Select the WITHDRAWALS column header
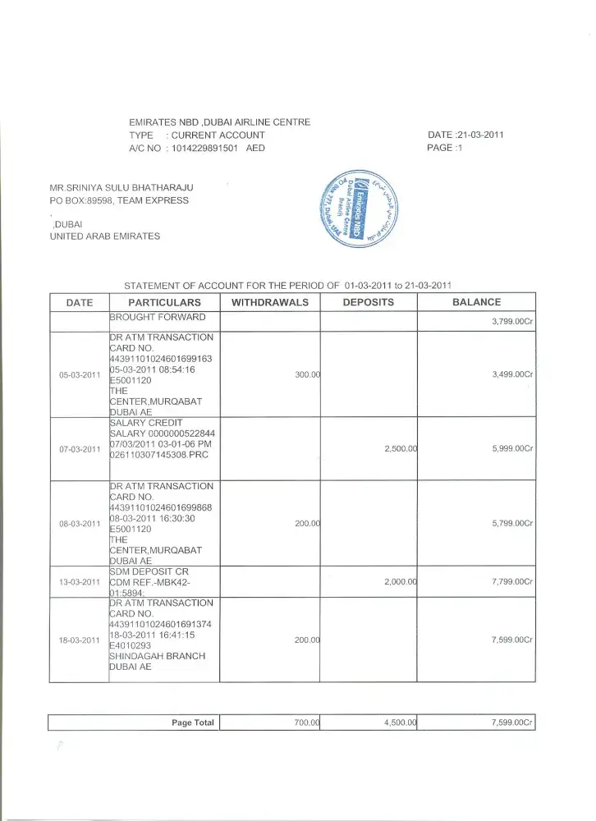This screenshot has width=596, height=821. (270, 302)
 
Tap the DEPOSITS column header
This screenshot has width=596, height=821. (368, 302)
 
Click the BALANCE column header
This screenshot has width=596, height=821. (476, 302)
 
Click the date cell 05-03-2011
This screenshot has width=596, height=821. (80, 375)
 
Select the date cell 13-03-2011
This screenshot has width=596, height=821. (80, 582)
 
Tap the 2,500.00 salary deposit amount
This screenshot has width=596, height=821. (401, 449)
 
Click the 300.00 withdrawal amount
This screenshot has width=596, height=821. (307, 375)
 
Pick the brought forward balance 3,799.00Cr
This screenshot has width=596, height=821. (512, 321)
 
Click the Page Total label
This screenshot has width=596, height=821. (192, 722)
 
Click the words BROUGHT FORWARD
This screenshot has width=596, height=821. (158, 316)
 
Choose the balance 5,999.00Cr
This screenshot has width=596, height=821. (512, 449)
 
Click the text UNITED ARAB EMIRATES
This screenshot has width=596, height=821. (105, 236)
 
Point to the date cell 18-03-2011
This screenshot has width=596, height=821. (80, 640)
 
